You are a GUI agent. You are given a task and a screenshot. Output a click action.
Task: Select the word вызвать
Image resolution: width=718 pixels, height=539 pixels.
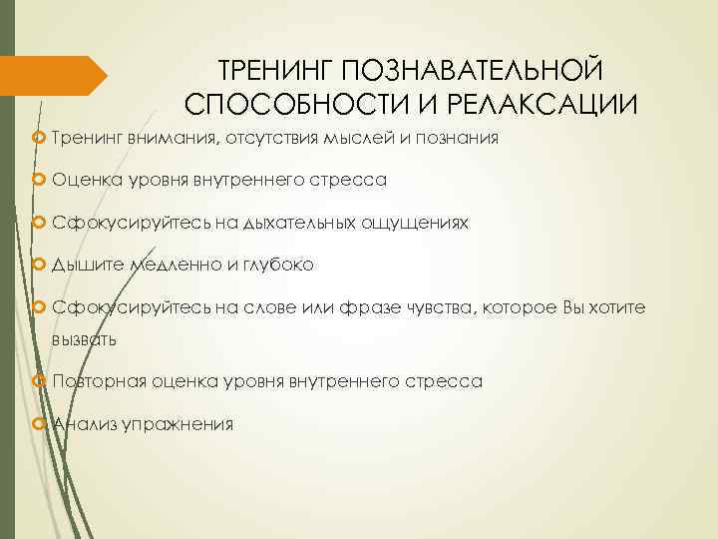point(85,339)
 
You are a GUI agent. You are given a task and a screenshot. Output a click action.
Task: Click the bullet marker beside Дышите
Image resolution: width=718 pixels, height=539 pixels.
point(40,266)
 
